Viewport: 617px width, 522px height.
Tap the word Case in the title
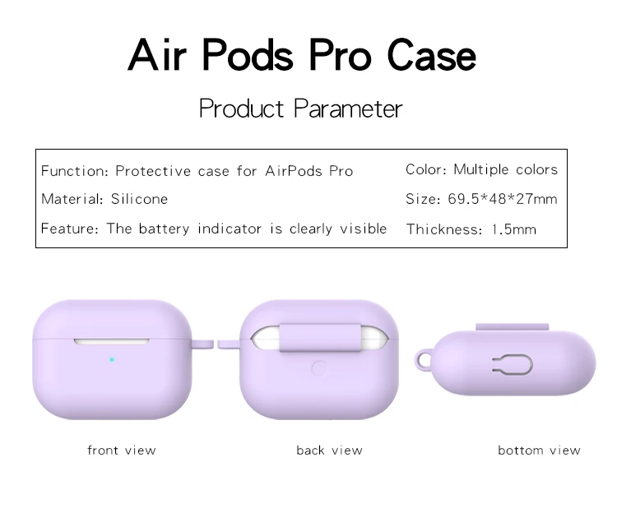tap(431, 55)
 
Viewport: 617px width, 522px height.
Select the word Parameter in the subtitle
tap(348, 108)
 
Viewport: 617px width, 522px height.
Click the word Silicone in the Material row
tap(139, 198)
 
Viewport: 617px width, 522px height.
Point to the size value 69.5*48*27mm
tap(503, 198)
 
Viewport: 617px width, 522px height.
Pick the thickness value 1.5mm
tap(514, 229)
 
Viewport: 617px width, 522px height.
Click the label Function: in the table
tap(74, 171)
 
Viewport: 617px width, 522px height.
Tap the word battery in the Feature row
tap(164, 229)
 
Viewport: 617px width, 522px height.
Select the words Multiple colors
tap(506, 169)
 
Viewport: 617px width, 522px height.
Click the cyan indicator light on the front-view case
tap(112, 360)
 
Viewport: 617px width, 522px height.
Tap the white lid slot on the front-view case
tap(111, 341)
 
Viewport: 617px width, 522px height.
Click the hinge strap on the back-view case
tap(320, 338)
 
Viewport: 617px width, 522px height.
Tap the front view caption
tap(122, 450)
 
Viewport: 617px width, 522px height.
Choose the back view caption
tap(329, 450)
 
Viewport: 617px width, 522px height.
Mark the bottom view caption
tap(539, 450)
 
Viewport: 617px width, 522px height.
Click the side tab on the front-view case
tap(202, 344)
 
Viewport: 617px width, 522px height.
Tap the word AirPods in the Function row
tap(294, 171)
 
